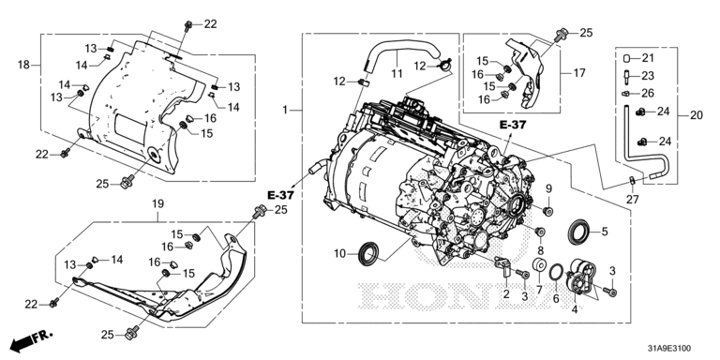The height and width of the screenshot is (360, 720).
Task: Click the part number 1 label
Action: point(285,111)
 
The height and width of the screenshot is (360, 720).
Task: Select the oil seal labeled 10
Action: point(369,253)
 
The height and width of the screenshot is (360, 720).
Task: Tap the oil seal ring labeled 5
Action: point(580,232)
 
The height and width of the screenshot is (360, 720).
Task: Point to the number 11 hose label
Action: point(397,73)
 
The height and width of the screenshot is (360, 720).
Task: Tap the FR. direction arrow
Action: point(31,340)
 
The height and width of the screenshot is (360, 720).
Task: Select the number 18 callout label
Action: point(23,65)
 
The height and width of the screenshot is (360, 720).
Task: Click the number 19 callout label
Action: point(157,203)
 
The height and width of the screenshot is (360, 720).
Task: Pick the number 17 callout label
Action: point(579,72)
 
